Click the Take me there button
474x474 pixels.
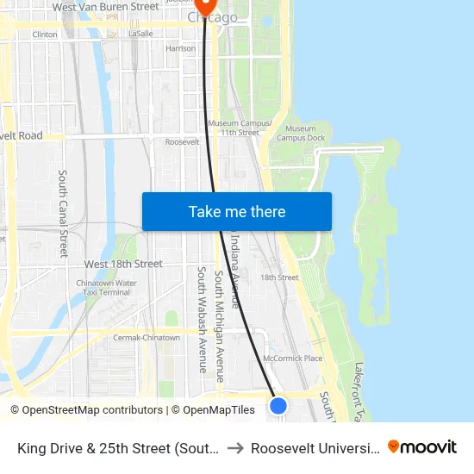[236, 211]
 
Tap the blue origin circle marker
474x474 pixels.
[278, 405]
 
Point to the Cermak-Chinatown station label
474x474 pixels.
[147, 338]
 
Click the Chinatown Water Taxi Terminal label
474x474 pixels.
[106, 288]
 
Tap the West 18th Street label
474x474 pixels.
[123, 264]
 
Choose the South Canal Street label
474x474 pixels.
[63, 213]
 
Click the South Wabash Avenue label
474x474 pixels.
[203, 319]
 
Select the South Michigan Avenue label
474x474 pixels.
[220, 326]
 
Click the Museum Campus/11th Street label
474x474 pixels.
[239, 128]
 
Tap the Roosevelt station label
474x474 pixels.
[182, 142]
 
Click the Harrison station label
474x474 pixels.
[180, 49]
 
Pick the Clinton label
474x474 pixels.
[44, 34]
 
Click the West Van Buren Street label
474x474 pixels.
[105, 7]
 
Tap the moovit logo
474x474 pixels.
[421, 446]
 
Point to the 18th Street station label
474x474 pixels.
[279, 278]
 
